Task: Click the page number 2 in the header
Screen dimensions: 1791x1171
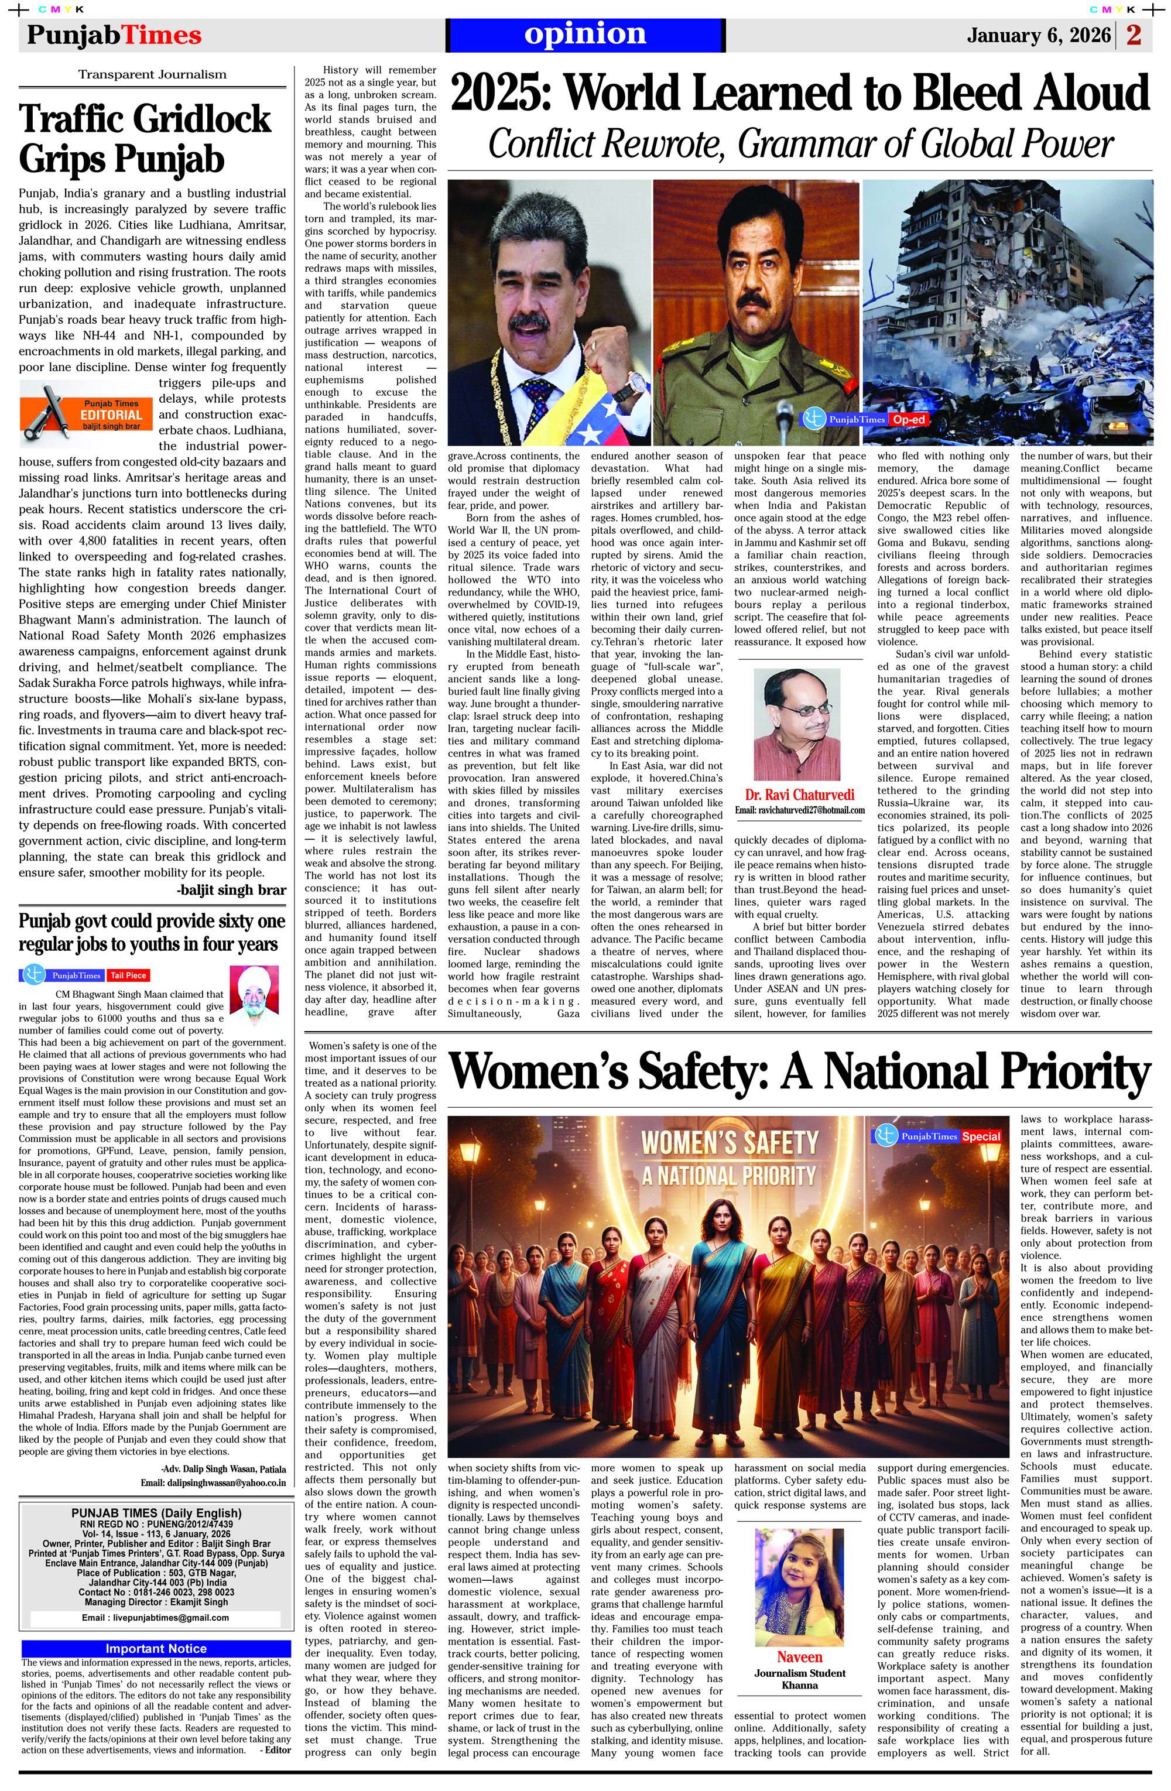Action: (x=1134, y=35)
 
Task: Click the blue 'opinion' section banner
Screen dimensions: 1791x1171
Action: (x=585, y=35)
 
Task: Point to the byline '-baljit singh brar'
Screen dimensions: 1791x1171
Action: (x=231, y=891)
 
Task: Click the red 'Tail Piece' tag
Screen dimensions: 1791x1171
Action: (x=128, y=975)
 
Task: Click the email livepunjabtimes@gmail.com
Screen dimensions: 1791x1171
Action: (x=155, y=1617)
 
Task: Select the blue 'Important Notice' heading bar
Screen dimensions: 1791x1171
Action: (x=156, y=1649)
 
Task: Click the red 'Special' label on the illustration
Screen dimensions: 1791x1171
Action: (x=981, y=1136)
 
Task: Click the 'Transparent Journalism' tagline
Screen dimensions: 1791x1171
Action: (x=152, y=74)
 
